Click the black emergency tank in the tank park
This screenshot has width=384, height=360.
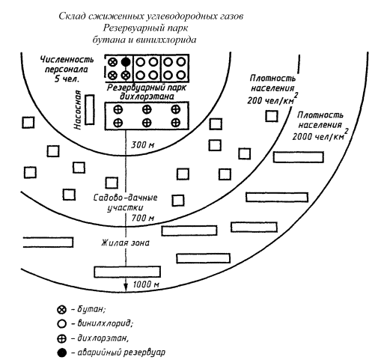[126, 61]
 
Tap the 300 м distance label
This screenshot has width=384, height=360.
[142, 145]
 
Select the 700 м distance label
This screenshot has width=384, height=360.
[142, 218]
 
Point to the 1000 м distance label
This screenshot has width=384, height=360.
[146, 284]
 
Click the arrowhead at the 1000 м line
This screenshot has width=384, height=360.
[126, 287]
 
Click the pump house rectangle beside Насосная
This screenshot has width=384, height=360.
[90, 109]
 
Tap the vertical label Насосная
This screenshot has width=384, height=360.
[78, 110]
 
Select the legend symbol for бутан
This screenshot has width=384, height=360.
[61, 310]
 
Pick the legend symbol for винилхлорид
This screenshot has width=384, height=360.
[61, 324]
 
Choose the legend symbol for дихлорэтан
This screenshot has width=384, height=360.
[61, 339]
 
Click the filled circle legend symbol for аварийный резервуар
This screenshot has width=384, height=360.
[61, 353]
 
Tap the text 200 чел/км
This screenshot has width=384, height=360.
[270, 100]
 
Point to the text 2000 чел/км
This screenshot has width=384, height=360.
[318, 137]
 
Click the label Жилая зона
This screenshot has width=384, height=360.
[125, 242]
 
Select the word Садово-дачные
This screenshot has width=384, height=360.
[125, 198]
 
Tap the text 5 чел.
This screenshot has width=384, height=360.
[67, 79]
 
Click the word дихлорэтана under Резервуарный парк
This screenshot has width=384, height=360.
[147, 97]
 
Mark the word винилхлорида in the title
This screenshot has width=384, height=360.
[166, 40]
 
